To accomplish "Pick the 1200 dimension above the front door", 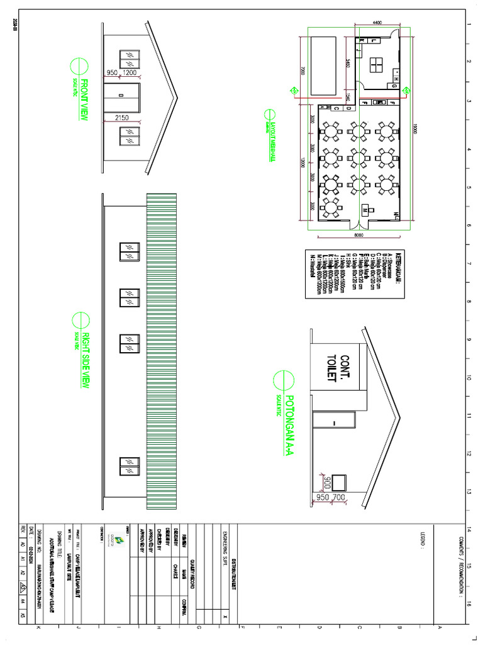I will [x=130, y=73].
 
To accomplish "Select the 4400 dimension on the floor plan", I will [x=377, y=23].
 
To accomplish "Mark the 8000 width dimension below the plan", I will [x=358, y=235].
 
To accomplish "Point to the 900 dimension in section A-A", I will [x=327, y=482].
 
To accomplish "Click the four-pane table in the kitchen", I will [x=378, y=66].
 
